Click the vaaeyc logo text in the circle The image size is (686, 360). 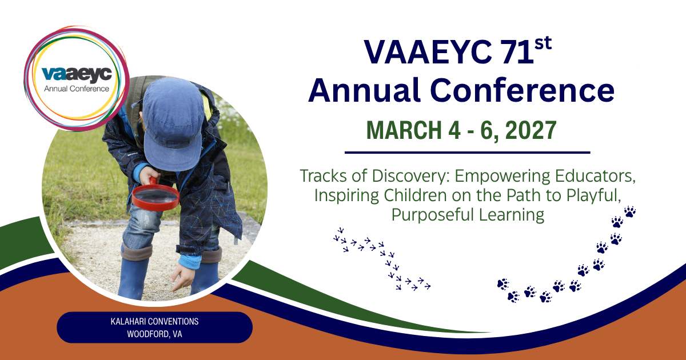[x=77, y=75]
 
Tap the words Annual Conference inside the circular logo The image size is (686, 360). [x=77, y=89]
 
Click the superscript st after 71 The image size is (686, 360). [x=543, y=44]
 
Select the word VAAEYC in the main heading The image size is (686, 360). [x=428, y=52]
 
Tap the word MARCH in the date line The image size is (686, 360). [x=404, y=130]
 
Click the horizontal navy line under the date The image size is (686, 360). [x=468, y=152]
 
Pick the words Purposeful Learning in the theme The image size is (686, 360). [x=468, y=215]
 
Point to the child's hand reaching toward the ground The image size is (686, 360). [x=183, y=277]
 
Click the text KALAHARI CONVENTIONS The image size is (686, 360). [x=155, y=321]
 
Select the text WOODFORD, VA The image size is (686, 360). [x=155, y=334]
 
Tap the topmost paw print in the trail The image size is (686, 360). [x=630, y=211]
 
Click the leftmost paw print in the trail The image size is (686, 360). [x=503, y=284]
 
